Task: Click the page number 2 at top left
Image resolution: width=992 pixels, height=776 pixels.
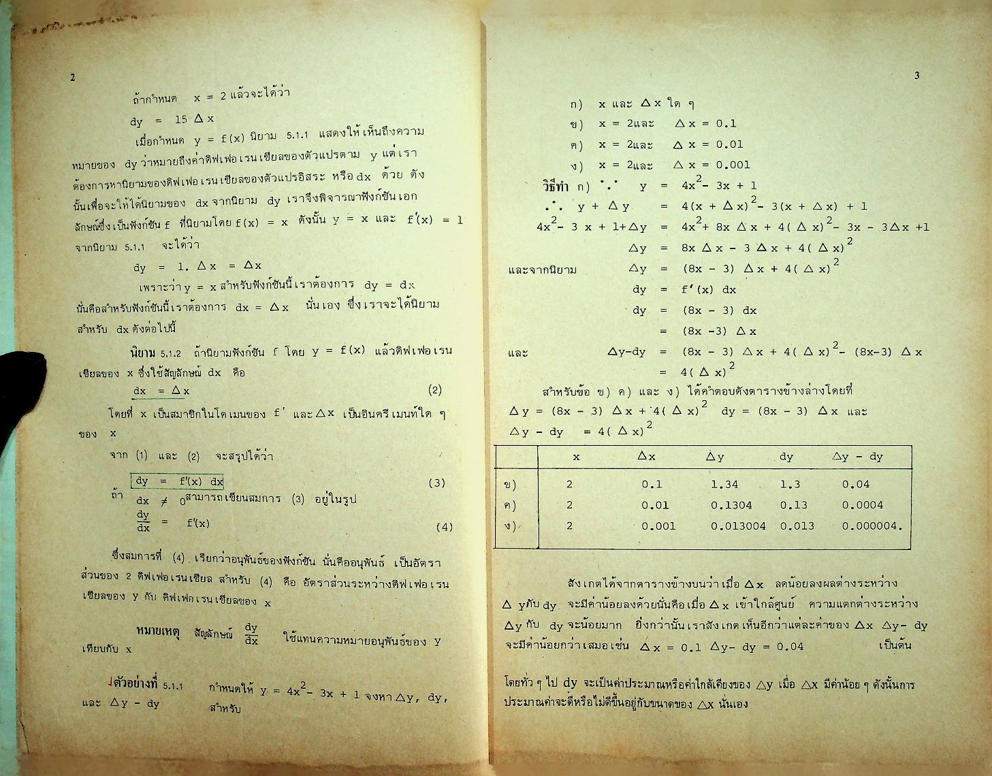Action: pyautogui.click(x=73, y=78)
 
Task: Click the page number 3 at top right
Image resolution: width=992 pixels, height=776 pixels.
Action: pyautogui.click(x=917, y=76)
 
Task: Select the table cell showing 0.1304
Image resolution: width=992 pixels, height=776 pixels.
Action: pyautogui.click(x=731, y=505)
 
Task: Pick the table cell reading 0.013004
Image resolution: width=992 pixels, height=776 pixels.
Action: pyautogui.click(x=738, y=526)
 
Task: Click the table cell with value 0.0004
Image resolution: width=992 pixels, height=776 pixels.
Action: pyautogui.click(x=862, y=505)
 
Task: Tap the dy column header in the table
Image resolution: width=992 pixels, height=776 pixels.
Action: pyautogui.click(x=786, y=457)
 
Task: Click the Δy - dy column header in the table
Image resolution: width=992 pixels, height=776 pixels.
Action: pyautogui.click(x=858, y=457)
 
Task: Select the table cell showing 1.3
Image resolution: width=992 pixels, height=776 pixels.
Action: pyautogui.click(x=790, y=485)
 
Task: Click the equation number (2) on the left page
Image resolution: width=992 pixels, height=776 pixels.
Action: pyautogui.click(x=435, y=390)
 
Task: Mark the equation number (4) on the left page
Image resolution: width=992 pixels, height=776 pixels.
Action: pyautogui.click(x=444, y=526)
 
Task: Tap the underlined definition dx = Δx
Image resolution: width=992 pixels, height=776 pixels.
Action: pyautogui.click(x=161, y=391)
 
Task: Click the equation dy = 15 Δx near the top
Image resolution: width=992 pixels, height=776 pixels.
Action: pyautogui.click(x=173, y=120)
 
